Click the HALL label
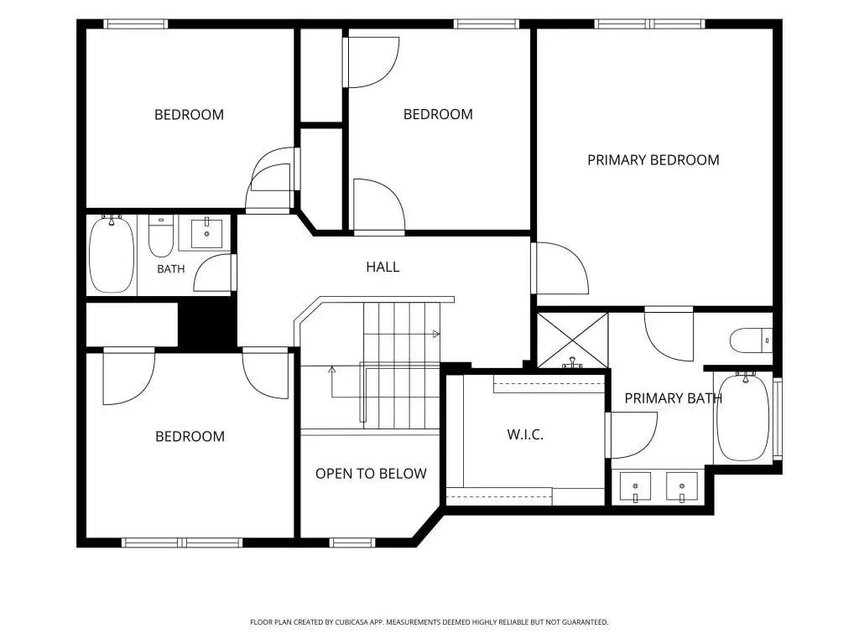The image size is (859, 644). [x=383, y=267]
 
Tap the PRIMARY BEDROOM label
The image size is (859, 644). [x=653, y=160]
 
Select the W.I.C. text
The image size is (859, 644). [x=525, y=435]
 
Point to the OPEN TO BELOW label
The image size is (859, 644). [x=371, y=473]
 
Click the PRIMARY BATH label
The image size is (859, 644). [x=674, y=398]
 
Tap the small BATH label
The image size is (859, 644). [x=171, y=269]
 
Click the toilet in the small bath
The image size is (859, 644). [x=161, y=236]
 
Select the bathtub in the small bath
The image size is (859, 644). [x=112, y=254]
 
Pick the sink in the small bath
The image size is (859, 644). [x=206, y=233]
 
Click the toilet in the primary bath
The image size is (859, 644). [x=751, y=340]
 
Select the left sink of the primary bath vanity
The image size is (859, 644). [x=636, y=487]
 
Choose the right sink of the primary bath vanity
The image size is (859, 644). [x=682, y=487]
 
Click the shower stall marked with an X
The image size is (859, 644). [x=572, y=340]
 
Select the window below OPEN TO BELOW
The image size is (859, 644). [x=352, y=543]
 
